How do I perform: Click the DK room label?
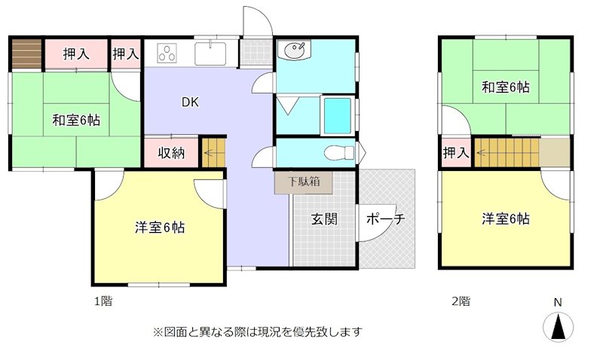click(189, 103)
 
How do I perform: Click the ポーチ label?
click(386, 219)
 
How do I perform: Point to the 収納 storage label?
click(171, 153)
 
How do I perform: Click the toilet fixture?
click(338, 153)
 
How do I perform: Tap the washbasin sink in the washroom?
click(293, 51)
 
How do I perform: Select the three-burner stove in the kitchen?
click(167, 53)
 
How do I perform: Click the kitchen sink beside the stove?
click(210, 53)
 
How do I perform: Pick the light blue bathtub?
click(337, 115)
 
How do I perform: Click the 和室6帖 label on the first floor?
click(77, 120)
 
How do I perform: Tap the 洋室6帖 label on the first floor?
click(161, 227)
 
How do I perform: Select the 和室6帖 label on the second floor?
click(506, 87)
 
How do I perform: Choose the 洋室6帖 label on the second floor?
click(506, 219)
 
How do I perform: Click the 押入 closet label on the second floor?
click(455, 153)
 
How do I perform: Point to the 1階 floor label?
click(103, 301)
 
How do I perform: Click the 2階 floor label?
click(461, 301)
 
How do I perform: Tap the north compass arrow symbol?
click(558, 327)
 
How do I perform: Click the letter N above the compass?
click(558, 303)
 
